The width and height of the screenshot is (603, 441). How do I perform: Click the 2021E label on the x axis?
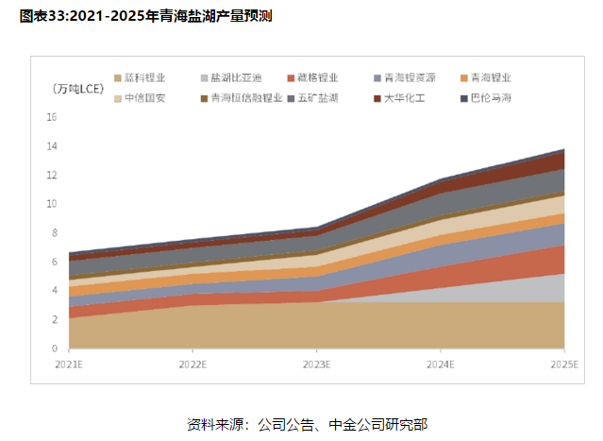point(68,364)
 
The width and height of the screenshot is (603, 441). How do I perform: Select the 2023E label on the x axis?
point(316,364)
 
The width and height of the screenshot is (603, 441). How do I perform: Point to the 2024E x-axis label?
point(440,364)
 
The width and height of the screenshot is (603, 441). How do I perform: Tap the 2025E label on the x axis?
point(563,364)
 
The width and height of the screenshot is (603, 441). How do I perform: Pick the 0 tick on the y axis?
point(55,348)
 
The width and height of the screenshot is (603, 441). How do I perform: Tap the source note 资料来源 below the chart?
point(300,423)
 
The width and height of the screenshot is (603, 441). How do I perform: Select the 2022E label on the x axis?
point(192,364)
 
